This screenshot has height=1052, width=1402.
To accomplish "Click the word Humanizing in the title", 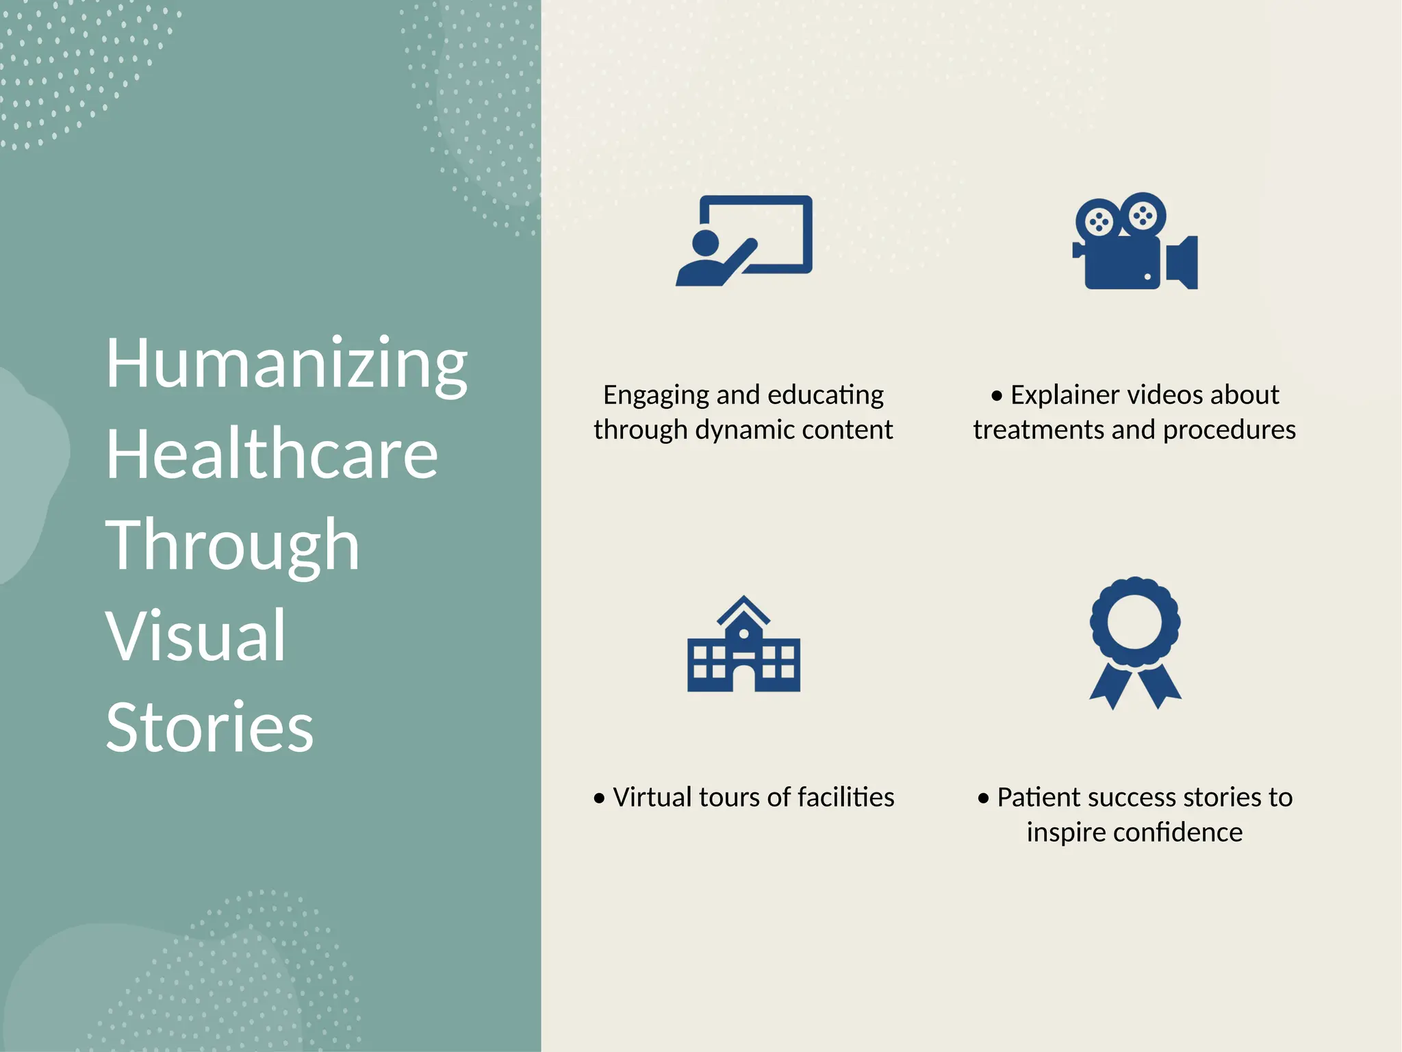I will tap(286, 364).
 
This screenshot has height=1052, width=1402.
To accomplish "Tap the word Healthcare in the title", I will tap(272, 454).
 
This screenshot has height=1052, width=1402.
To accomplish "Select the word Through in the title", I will tap(232, 545).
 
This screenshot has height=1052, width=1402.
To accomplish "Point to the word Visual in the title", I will tap(196, 636).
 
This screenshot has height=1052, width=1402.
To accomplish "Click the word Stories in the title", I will tap(209, 727).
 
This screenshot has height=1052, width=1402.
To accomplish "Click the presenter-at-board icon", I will tap(744, 240).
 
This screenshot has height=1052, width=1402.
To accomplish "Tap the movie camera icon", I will tap(1135, 242).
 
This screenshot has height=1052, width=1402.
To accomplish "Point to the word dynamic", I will tap(744, 430).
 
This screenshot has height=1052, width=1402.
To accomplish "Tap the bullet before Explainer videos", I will tap(997, 396).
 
